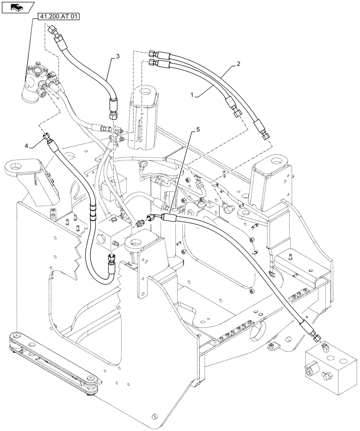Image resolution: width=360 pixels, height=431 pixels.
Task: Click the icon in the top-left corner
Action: coord(17,7)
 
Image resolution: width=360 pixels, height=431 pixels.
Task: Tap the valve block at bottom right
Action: coord(329,367)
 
